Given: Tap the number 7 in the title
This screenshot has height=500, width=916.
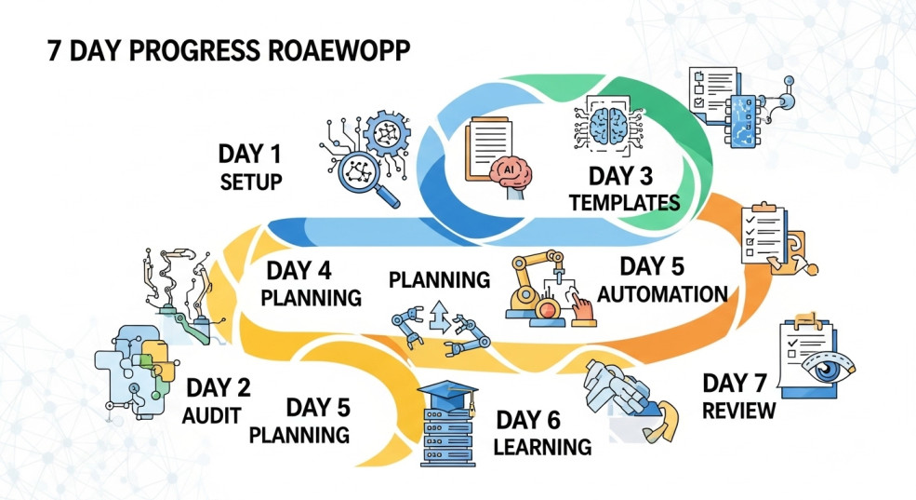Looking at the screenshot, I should point(55,51).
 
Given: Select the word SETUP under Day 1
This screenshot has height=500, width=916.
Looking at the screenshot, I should point(251,181).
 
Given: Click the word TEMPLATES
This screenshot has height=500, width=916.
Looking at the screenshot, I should point(624,202).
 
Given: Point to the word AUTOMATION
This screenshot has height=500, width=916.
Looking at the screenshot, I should point(662,294).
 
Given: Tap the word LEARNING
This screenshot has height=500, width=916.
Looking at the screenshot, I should point(542,446).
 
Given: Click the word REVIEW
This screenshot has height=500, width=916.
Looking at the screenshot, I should point(739,411).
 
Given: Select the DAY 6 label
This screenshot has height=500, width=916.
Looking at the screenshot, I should point(531,419).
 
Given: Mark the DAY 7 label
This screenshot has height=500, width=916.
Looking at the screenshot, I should point(738,383).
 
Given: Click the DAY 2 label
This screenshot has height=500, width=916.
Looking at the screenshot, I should point(218,387).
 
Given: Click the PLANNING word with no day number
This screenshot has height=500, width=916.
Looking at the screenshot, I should point(439,279).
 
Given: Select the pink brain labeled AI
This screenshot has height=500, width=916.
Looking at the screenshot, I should point(508,172).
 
